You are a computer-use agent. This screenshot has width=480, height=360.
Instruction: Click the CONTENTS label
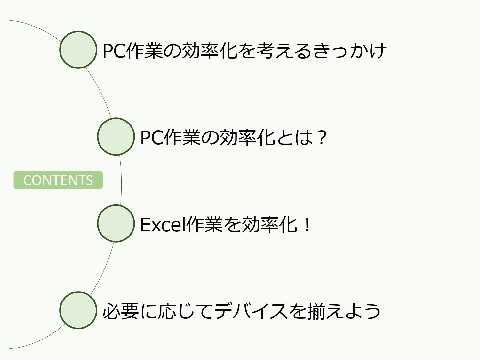click(x=58, y=180)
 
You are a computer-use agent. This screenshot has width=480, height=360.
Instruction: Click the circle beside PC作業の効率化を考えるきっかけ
click(x=78, y=50)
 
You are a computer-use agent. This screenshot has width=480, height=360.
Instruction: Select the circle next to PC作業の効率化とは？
click(x=116, y=137)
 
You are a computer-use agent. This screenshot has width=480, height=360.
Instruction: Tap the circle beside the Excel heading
click(x=116, y=223)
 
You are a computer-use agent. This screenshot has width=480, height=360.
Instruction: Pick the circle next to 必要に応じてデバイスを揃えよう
click(x=78, y=310)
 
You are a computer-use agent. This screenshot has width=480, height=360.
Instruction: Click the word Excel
click(x=162, y=224)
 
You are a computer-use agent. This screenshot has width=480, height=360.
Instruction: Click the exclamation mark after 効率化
click(x=307, y=224)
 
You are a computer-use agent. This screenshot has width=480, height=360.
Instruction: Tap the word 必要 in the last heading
click(x=121, y=311)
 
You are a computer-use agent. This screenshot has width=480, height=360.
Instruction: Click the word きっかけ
click(x=349, y=51)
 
